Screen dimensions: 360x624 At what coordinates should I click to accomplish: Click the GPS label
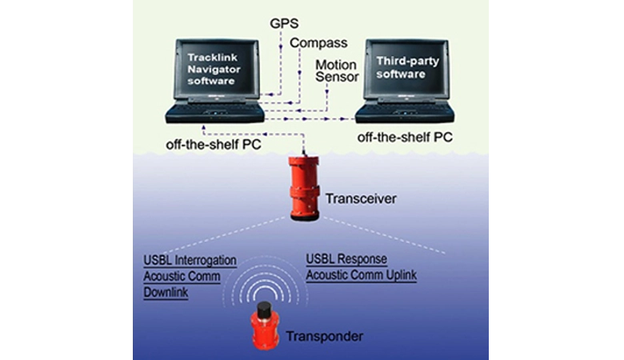(x=286, y=24)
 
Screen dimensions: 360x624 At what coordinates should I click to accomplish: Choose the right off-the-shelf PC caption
(x=405, y=137)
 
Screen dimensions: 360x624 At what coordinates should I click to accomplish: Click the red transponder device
(x=265, y=326)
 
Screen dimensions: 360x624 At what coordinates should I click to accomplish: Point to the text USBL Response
(x=346, y=261)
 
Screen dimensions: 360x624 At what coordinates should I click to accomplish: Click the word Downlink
(x=167, y=291)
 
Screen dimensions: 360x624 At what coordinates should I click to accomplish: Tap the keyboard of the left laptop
(x=214, y=111)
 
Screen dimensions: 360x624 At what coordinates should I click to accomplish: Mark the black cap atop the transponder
(x=265, y=309)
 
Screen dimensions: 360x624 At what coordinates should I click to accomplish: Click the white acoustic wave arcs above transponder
(x=264, y=276)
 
